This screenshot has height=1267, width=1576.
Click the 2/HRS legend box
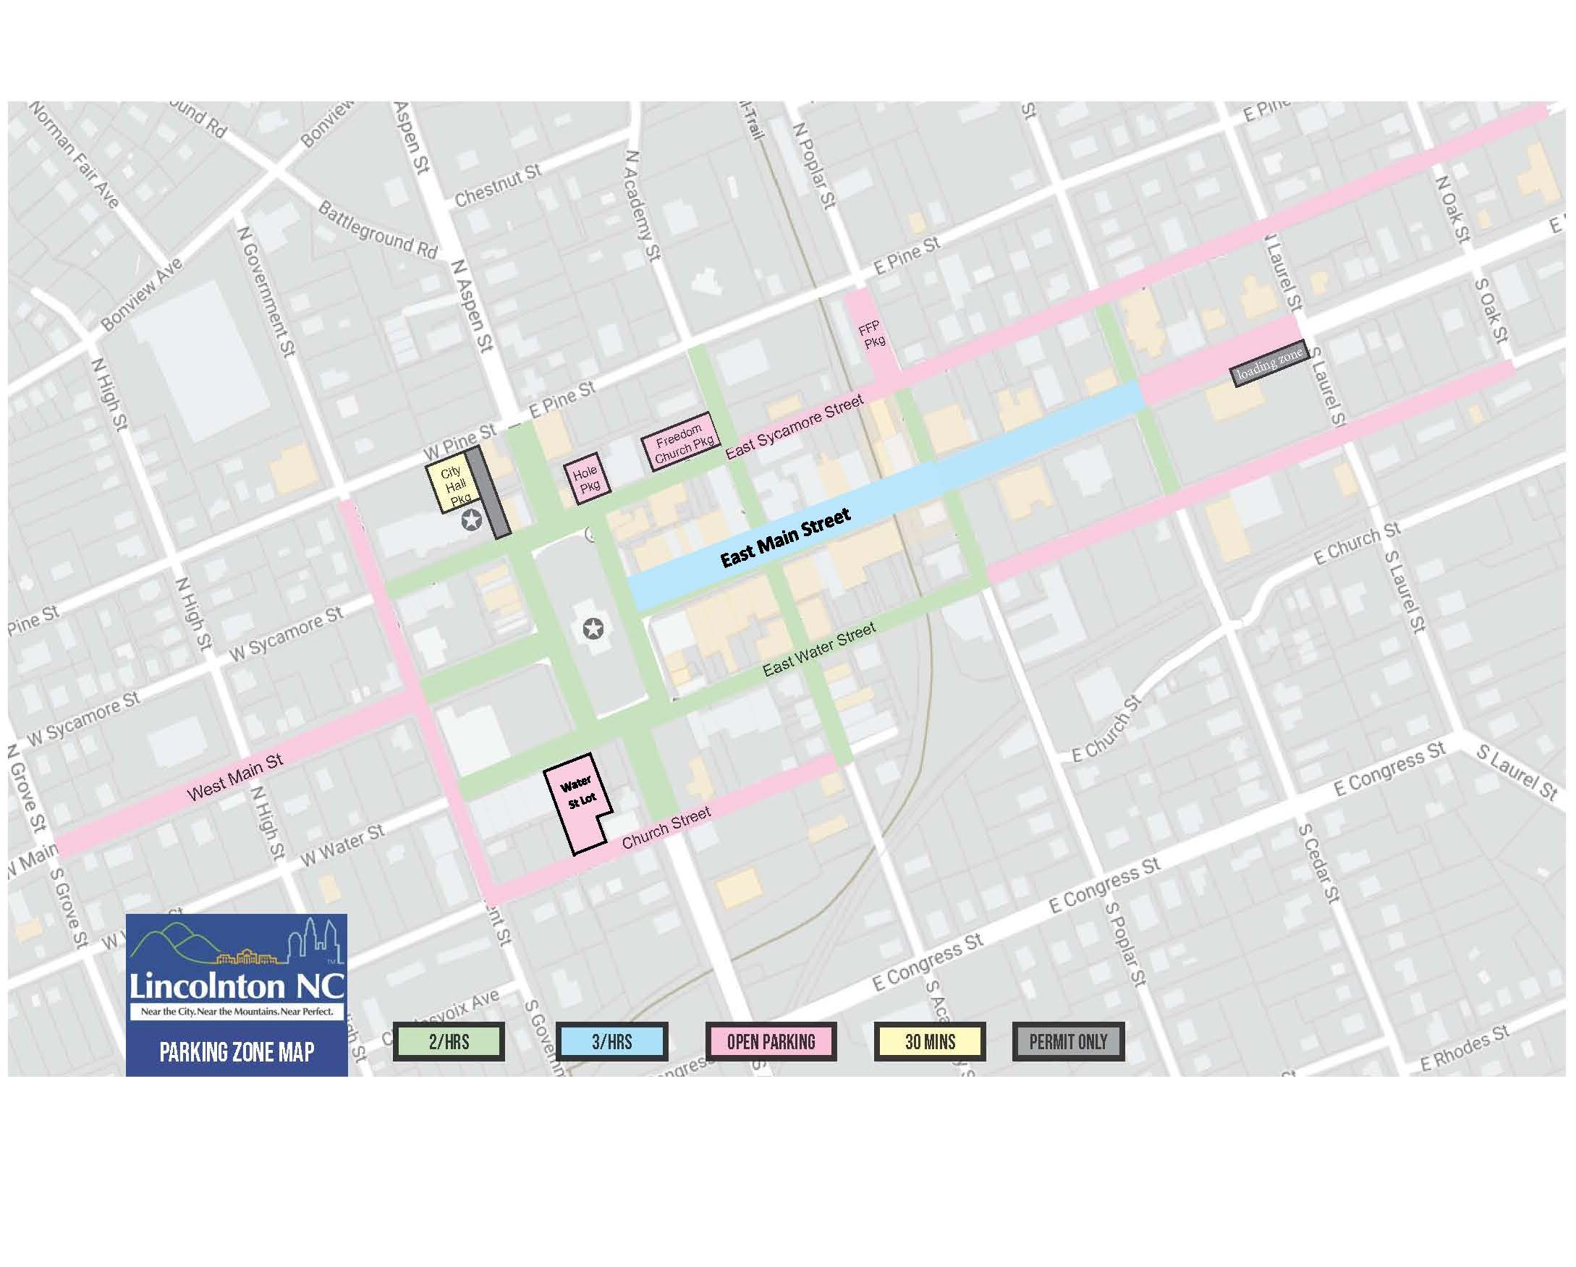coord(448,1041)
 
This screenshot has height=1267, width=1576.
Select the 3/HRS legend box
coord(611,1041)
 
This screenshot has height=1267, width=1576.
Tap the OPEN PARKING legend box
coord(771,1041)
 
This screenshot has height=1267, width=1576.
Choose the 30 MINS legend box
coord(930,1041)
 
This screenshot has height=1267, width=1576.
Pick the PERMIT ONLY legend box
coord(1068,1041)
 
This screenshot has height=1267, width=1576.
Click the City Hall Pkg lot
coord(449,486)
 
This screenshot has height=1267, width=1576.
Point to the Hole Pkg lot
coord(586,478)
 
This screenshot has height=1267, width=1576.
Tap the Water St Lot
coord(580,800)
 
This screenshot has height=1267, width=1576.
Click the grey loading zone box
coord(1269,363)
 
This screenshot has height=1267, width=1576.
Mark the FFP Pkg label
coord(872,334)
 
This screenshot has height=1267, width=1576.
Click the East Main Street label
coord(785,538)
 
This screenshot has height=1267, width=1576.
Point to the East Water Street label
coord(818,649)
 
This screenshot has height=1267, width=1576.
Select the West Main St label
coord(234,777)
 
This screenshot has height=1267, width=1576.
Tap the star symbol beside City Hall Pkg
coord(472,520)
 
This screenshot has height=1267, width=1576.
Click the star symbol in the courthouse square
coord(593,627)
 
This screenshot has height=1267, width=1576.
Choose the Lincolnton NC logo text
coord(236,986)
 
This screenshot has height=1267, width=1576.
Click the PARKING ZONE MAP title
coord(236,1052)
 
